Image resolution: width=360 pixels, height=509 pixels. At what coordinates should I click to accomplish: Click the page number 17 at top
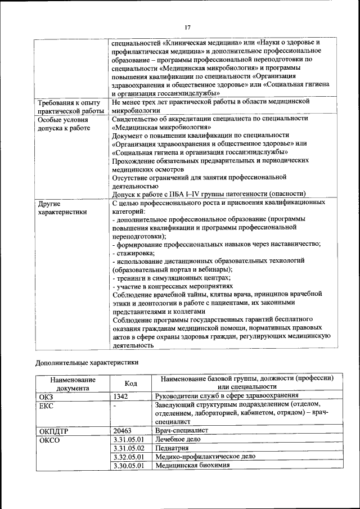(188, 27)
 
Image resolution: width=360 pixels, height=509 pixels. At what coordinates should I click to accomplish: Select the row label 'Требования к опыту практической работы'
(69, 107)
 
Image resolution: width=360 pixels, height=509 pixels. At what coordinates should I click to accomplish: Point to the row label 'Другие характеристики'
(62, 208)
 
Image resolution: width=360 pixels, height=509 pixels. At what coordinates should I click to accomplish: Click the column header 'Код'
(131, 383)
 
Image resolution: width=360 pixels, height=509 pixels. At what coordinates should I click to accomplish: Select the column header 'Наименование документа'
(73, 383)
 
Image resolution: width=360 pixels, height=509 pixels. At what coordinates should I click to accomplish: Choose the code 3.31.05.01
(129, 439)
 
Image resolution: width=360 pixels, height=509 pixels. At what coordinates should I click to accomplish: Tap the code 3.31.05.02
(129, 448)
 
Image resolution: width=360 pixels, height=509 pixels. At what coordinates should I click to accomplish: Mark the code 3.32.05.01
(129, 457)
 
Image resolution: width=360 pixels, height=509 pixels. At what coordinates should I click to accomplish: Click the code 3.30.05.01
(129, 466)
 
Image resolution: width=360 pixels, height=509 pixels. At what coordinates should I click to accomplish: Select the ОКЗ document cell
(46, 397)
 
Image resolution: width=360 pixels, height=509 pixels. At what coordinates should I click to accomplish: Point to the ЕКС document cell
(46, 406)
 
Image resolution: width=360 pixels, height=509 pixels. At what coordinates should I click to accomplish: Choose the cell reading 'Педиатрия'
(173, 448)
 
